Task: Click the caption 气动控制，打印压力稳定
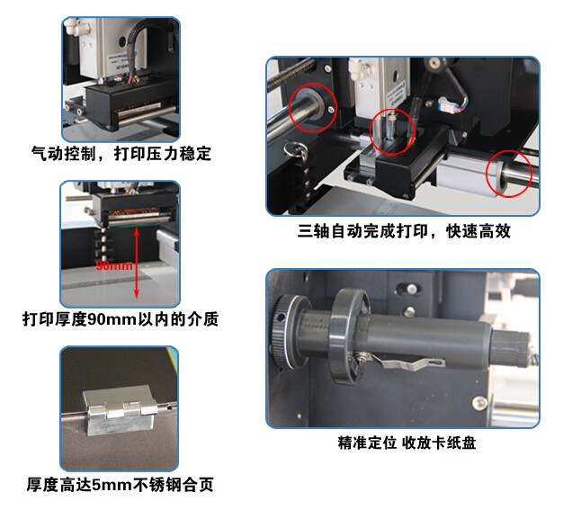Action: pyautogui.click(x=121, y=153)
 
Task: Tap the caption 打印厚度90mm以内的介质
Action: pyautogui.click(x=121, y=318)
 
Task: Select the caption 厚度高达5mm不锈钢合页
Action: pyautogui.click(x=120, y=484)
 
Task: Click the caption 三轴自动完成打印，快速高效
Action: pyautogui.click(x=404, y=230)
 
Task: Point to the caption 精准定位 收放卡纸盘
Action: pyautogui.click(x=407, y=443)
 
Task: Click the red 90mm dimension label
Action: pyautogui.click(x=114, y=265)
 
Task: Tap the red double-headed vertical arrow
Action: pyautogui.click(x=137, y=263)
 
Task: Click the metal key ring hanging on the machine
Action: pyautogui.click(x=297, y=150)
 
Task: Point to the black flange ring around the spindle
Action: pyautogui.click(x=348, y=336)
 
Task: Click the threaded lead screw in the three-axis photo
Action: pyautogui.click(x=292, y=75)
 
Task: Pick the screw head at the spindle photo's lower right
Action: pyautogui.click(x=480, y=403)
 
